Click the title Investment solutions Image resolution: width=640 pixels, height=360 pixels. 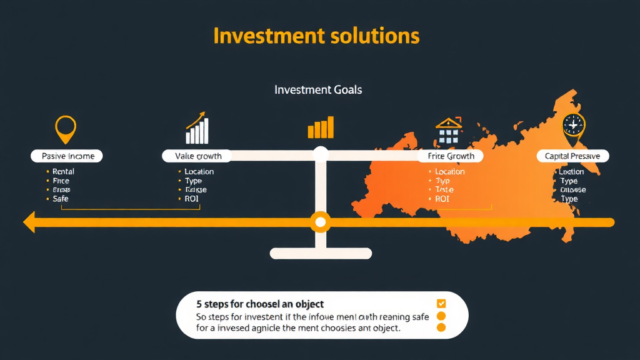316,36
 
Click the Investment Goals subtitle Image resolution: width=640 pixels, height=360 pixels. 318,90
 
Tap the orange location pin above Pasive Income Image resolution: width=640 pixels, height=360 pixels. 65,128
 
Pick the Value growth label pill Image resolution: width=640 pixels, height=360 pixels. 196,156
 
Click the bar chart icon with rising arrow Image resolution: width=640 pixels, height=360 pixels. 197,129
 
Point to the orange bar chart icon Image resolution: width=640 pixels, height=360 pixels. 321,127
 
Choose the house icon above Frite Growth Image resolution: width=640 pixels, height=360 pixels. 449,129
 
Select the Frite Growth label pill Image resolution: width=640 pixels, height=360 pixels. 451,156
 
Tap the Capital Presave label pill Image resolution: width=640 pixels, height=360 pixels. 572,156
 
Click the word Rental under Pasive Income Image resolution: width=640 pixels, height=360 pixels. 63,171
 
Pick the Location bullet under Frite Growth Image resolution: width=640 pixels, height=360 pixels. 449,171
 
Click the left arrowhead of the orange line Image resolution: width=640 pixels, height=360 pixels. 27,222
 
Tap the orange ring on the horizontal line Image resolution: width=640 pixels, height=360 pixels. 321,222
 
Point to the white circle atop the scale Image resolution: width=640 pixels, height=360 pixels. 321,154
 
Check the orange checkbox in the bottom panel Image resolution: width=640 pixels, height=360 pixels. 441,304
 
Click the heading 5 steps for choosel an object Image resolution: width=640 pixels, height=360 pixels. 260,304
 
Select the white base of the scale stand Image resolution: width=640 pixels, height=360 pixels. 321,253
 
